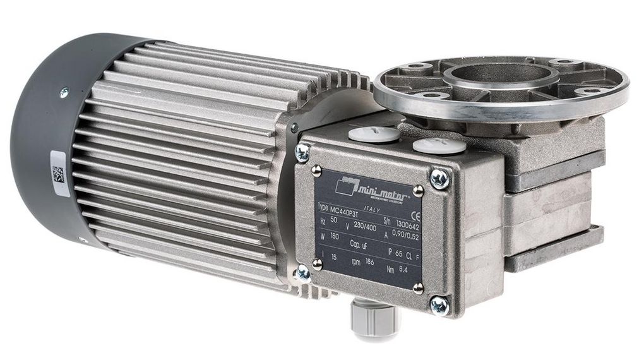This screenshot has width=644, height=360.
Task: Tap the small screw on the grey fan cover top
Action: click(63, 93)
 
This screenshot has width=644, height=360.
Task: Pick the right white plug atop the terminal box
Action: click(431, 147)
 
